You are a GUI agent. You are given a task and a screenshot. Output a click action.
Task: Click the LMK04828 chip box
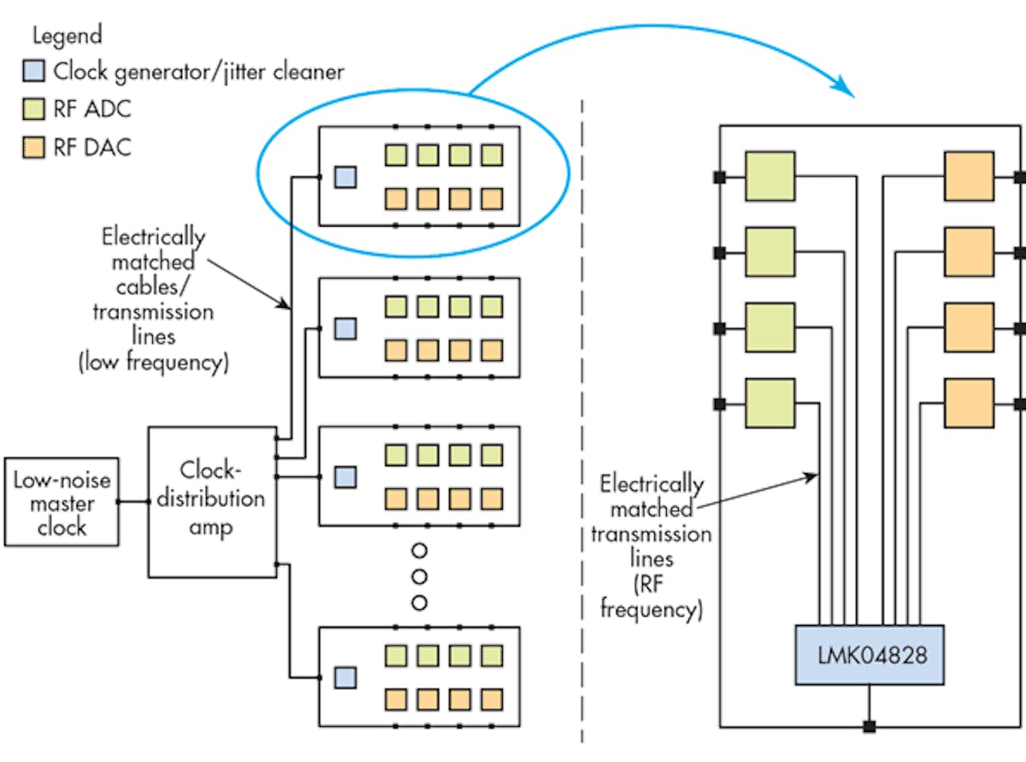click(870, 655)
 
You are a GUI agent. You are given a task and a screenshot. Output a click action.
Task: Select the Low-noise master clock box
click(62, 502)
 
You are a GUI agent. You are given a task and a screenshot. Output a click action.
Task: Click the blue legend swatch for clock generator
click(32, 72)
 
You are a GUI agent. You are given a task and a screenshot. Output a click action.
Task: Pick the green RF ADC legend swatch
click(32, 109)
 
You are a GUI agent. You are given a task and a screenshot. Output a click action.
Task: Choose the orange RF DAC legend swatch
click(32, 147)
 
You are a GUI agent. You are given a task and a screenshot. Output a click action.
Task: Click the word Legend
click(67, 35)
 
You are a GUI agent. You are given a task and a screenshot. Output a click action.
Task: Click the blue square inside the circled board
click(344, 177)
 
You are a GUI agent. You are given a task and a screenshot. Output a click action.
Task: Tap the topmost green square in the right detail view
click(769, 177)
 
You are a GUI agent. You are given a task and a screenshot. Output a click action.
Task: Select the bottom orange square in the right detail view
click(969, 403)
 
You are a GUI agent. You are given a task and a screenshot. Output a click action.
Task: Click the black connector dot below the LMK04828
click(870, 727)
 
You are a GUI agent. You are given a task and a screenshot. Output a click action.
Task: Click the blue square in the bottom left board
click(344, 677)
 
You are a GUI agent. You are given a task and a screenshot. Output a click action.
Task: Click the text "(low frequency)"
click(153, 361)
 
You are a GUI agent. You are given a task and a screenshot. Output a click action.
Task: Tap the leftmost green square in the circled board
click(395, 155)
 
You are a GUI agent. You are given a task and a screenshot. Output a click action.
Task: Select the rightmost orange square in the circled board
click(492, 199)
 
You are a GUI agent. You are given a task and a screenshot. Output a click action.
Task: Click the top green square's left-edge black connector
click(720, 178)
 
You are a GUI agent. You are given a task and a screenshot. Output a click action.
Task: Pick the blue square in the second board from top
click(344, 328)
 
